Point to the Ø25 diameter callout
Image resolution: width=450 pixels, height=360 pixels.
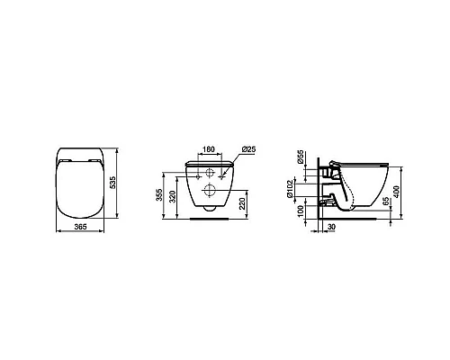click(x=250, y=148)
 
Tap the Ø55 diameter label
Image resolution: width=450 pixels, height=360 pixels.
click(x=301, y=158)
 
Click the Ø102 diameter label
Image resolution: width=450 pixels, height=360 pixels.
click(x=301, y=188)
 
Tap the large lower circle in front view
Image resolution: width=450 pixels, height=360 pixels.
click(x=210, y=189)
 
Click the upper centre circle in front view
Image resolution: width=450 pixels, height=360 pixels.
click(x=210, y=170)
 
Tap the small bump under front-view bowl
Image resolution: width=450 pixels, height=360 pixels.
click(x=210, y=210)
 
